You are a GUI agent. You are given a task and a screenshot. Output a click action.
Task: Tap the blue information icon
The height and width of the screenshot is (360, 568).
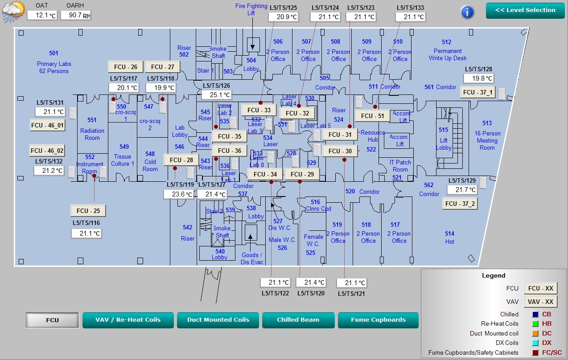(x=467, y=12)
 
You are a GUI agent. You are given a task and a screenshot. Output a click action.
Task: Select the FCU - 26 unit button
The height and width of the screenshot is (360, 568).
(x=126, y=67)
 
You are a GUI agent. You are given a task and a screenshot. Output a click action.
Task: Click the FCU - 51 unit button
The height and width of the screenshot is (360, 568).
(x=372, y=116)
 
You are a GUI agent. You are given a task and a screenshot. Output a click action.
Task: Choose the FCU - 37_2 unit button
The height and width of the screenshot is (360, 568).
(x=460, y=204)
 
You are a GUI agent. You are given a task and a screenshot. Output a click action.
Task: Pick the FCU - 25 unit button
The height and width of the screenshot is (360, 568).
(x=88, y=211)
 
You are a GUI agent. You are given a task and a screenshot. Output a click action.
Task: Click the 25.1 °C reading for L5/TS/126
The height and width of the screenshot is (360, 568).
(x=216, y=95)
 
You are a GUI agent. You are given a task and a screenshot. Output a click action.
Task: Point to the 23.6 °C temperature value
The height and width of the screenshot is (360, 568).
(x=178, y=194)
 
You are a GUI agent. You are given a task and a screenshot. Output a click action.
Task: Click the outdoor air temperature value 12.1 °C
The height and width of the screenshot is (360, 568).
(x=42, y=15)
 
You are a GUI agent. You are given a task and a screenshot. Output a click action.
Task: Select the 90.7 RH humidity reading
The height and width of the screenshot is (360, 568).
(x=76, y=15)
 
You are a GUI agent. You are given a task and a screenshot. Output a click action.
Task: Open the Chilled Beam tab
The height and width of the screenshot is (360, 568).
(x=298, y=320)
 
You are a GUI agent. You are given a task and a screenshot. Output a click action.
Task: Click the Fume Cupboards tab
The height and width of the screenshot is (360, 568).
(x=378, y=320)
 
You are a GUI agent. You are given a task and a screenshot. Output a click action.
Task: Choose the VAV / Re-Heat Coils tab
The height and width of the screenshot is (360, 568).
(x=128, y=320)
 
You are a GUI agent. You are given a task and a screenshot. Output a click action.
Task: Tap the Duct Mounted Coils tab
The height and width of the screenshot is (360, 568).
(x=218, y=320)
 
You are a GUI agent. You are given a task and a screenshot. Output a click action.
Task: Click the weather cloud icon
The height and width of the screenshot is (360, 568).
(x=13, y=12)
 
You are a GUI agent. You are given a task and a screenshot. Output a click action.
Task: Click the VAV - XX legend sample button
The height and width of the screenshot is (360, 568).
(x=540, y=302)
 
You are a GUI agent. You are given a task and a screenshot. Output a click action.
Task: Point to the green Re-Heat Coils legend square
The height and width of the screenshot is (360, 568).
(x=535, y=324)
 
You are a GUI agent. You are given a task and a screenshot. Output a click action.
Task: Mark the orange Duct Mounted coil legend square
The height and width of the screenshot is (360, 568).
(x=535, y=333)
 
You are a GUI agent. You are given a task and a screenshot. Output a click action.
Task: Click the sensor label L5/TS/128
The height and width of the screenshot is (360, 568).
(x=478, y=69)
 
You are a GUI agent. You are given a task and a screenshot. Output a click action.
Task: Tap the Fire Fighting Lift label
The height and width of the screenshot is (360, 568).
(x=251, y=9)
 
